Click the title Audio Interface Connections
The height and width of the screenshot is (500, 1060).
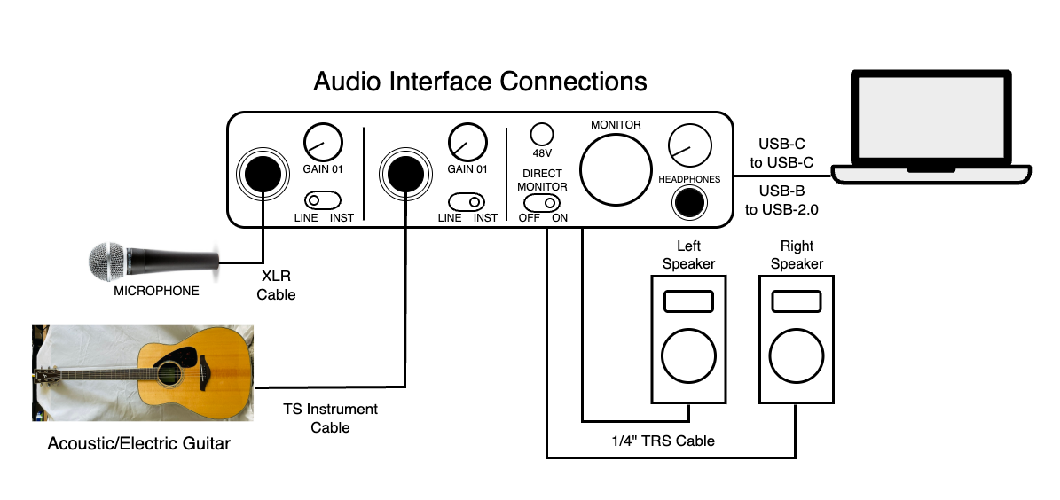pos(480,82)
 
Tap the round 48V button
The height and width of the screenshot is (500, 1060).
pos(540,134)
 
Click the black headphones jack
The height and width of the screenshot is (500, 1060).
pos(689,203)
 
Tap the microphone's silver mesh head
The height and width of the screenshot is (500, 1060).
pos(109,262)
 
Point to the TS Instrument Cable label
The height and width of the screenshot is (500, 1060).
pos(330,418)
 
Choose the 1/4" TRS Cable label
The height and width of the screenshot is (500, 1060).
pos(661,441)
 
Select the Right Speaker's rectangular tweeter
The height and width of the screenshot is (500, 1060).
pos(796,301)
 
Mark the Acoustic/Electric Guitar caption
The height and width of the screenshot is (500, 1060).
pos(138,443)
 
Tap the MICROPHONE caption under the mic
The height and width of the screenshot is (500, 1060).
pos(157,291)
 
